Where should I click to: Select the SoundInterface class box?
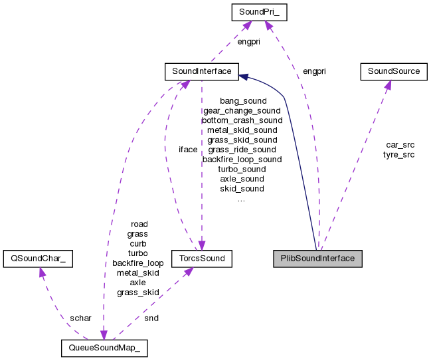(201, 70)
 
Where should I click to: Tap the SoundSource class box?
(390, 70)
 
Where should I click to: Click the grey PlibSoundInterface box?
(317, 259)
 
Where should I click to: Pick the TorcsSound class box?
(201, 259)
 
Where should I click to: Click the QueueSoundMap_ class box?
(103, 348)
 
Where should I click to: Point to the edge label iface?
(188, 150)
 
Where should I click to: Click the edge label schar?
(80, 318)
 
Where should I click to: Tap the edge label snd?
(151, 318)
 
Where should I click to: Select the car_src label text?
(399, 145)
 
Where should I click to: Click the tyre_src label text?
(398, 154)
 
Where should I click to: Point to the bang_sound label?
(242, 101)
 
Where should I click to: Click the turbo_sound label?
(242, 169)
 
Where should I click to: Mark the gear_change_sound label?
(242, 110)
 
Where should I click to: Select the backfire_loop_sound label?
(242, 160)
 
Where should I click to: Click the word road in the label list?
(139, 224)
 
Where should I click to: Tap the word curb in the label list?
(138, 243)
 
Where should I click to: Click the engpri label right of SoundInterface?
(314, 70)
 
